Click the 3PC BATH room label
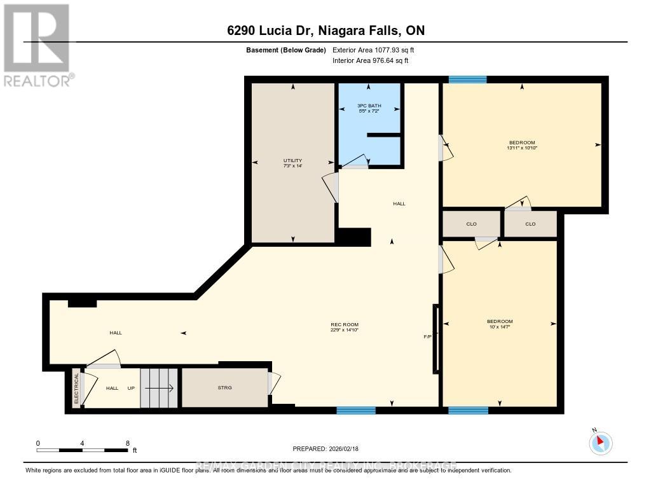click(369, 106)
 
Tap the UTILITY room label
click(292, 160)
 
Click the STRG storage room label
click(225, 388)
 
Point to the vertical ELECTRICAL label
click(77, 388)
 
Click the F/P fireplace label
click(428, 336)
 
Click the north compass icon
click(601, 442)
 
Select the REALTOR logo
click(37, 45)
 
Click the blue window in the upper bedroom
click(467, 79)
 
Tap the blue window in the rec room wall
click(355, 410)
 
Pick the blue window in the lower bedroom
click(468, 410)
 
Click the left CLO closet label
click(471, 224)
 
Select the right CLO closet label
click(530, 224)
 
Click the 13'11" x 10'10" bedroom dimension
click(522, 148)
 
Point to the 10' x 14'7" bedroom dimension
click(499, 327)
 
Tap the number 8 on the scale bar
click(128, 443)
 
